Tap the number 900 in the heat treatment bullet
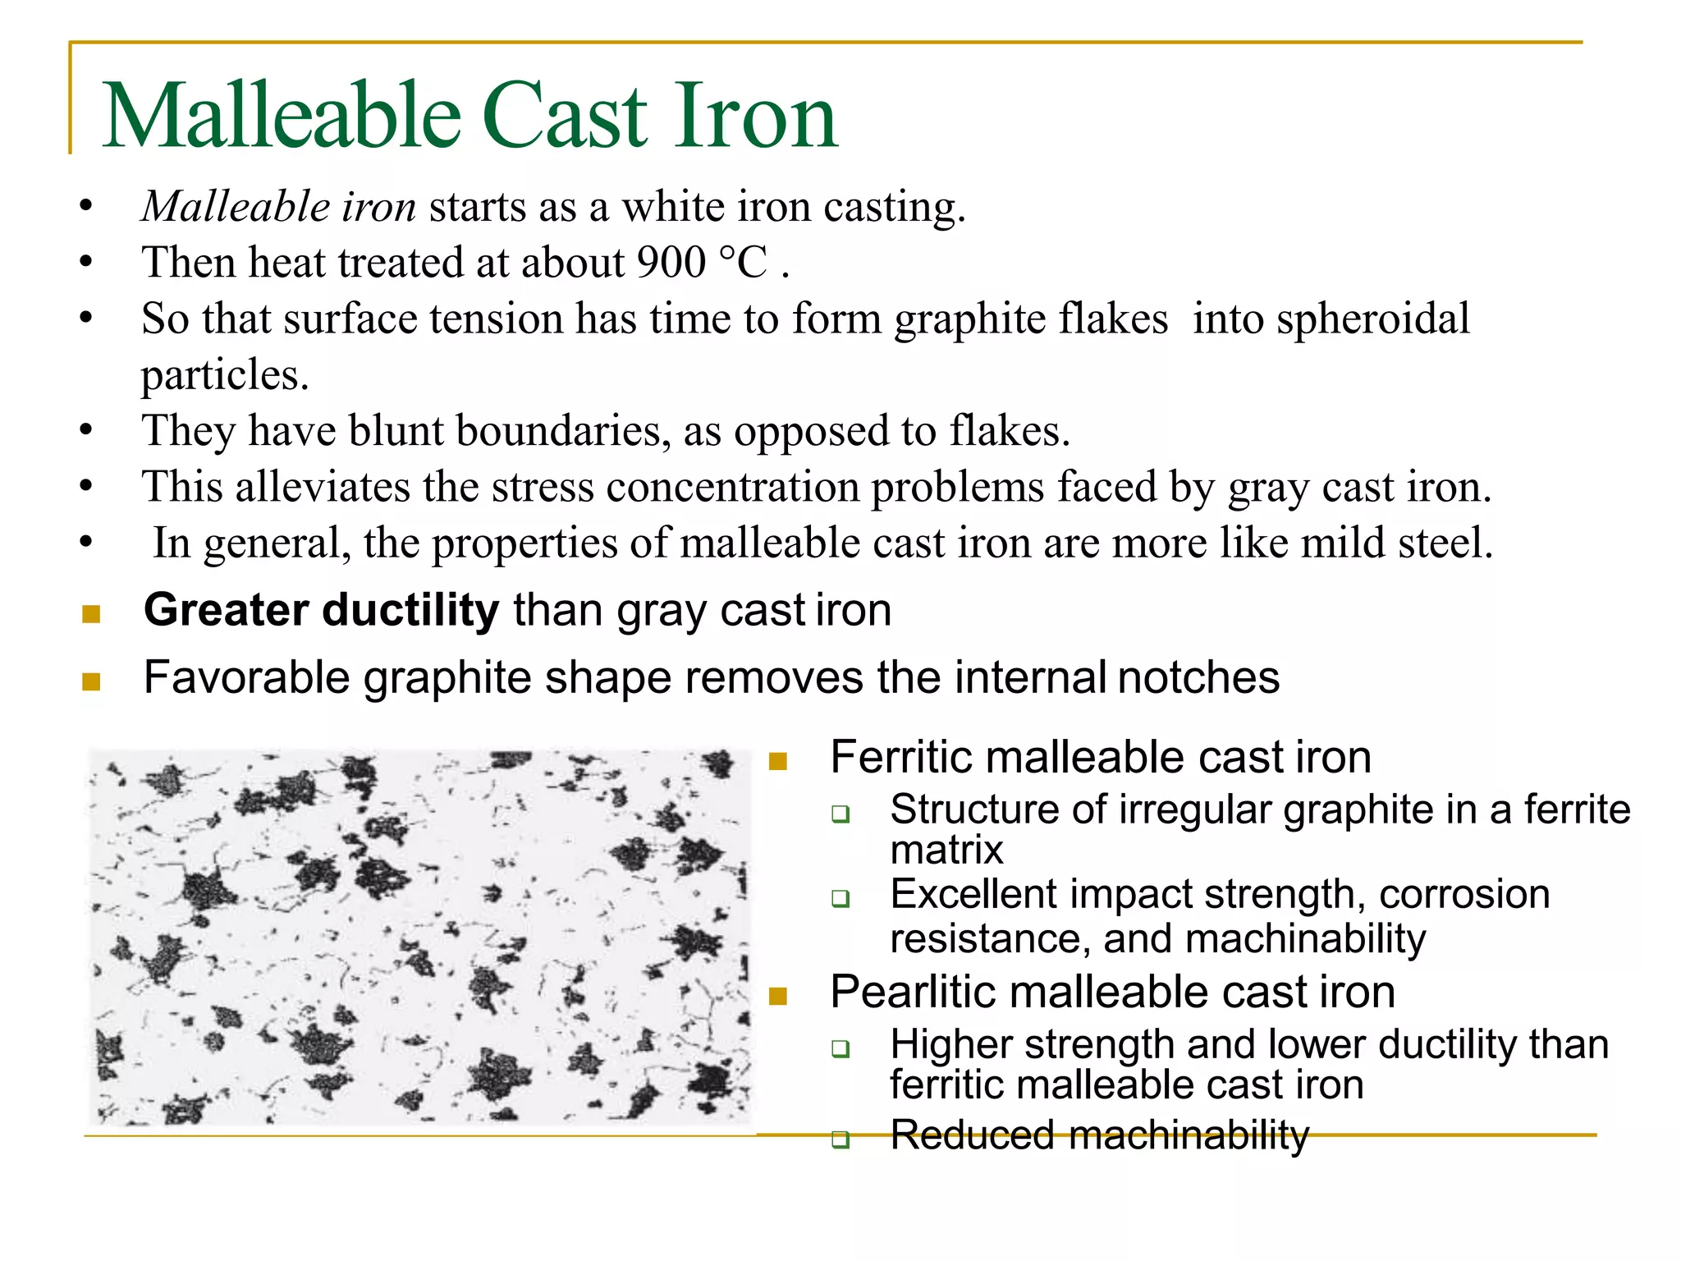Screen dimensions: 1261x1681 pyautogui.click(x=671, y=263)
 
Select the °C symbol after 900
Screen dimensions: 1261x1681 pyautogui.click(x=744, y=263)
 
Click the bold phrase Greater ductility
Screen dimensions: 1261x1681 pyautogui.click(x=321, y=610)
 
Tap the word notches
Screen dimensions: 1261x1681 pyautogui.click(x=1198, y=677)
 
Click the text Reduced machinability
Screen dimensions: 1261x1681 pyautogui.click(x=1099, y=1135)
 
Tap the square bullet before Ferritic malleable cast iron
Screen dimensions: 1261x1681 pyautogui.click(x=778, y=761)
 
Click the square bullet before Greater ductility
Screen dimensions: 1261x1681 pyautogui.click(x=91, y=614)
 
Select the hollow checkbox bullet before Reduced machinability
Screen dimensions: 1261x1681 pyautogui.click(x=840, y=1139)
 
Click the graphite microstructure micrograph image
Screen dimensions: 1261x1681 pyautogui.click(x=419, y=936)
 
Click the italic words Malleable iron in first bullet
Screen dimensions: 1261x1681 pyautogui.click(x=279, y=207)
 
